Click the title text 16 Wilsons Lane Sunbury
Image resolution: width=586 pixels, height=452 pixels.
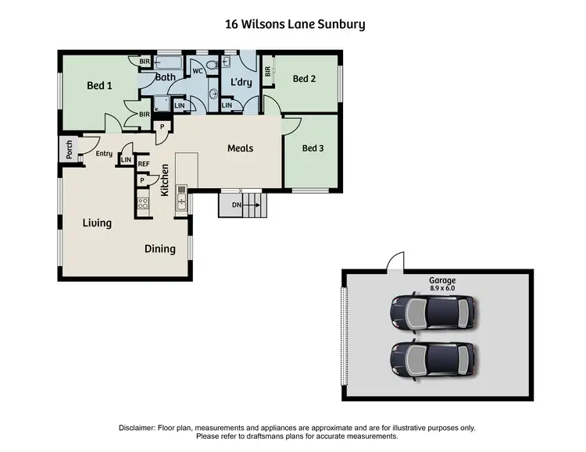[294, 24]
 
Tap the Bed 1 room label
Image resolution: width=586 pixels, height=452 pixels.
[99, 86]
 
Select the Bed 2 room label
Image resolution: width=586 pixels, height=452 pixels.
[304, 79]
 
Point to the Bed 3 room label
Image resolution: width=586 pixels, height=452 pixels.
[313, 148]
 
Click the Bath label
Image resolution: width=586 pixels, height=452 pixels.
[165, 77]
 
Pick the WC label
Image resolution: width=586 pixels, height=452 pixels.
[198, 70]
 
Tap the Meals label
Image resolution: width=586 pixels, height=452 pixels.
[241, 148]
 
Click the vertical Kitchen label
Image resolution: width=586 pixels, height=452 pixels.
[165, 180]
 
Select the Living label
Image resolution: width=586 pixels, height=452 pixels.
[97, 223]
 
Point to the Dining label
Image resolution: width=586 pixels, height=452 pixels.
[159, 249]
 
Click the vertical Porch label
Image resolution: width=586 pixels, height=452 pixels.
[69, 151]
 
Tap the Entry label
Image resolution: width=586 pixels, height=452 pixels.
[104, 154]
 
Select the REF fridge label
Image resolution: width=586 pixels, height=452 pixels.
[143, 164]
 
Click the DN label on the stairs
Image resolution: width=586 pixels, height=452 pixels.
[235, 206]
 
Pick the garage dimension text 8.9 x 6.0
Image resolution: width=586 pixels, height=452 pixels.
[441, 288]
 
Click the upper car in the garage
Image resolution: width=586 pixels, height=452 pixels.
[432, 311]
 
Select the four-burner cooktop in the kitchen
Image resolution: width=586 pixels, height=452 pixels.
[143, 205]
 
